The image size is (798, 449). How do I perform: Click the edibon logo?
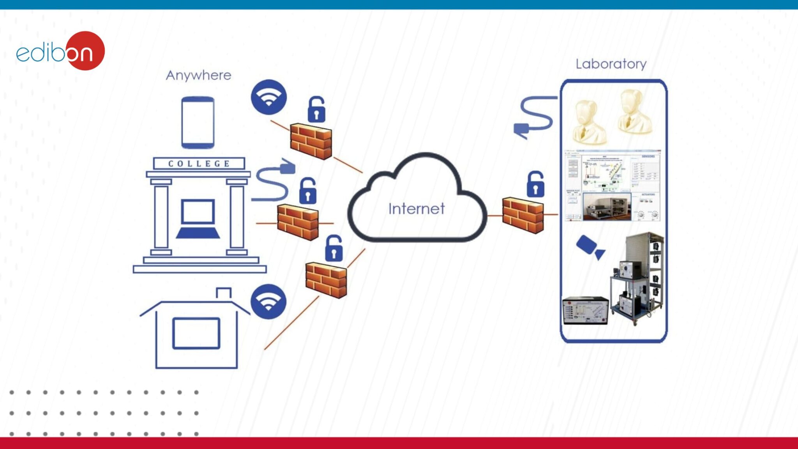coord(60,51)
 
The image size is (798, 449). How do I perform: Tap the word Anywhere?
coord(198,75)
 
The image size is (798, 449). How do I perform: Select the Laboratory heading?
coord(611,64)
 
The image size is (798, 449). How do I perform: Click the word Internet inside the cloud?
coord(416,209)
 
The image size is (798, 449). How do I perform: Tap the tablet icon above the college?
coord(198,122)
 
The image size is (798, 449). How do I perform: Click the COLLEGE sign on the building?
coord(199,164)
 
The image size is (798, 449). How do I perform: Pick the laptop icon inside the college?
coord(198,219)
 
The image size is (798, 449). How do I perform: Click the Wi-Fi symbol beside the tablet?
coord(268,97)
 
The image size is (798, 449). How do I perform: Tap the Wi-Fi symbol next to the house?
coord(268,302)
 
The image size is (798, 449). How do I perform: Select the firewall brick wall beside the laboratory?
coord(523,215)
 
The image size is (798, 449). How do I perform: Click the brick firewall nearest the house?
coord(326,280)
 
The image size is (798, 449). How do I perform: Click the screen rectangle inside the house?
coord(196,333)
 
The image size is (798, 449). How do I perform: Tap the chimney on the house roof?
coord(224,293)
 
